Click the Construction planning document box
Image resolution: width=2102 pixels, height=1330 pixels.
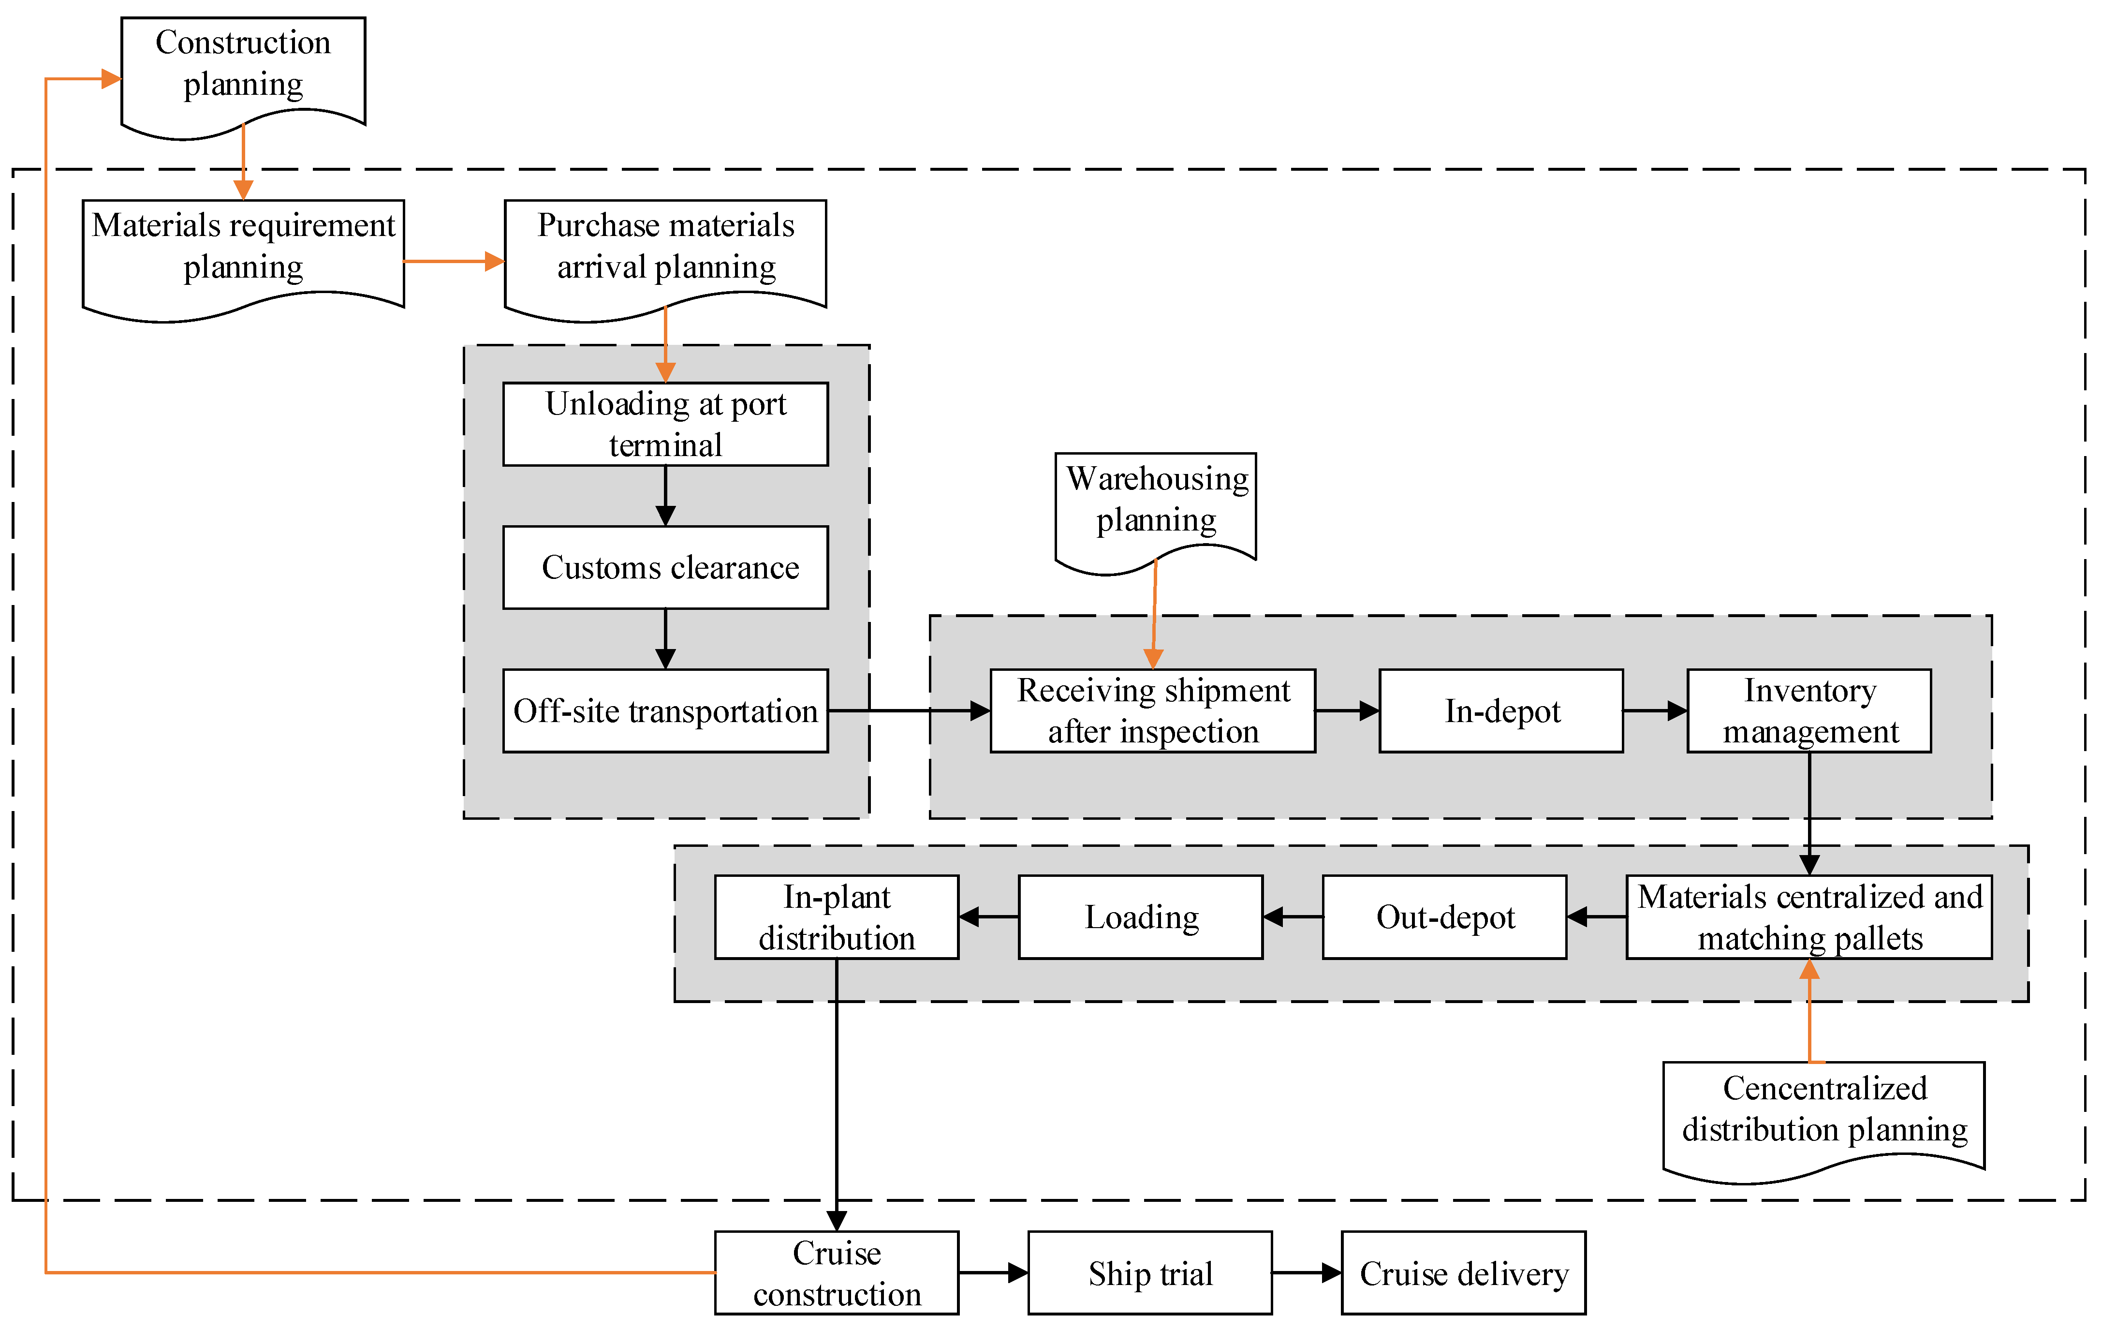point(243,65)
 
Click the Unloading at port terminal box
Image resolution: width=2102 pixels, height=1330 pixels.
point(665,424)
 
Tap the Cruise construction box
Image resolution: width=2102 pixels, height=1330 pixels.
point(836,1272)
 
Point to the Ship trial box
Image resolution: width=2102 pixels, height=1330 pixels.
point(1149,1272)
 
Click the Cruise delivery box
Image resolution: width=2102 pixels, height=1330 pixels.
point(1463,1272)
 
